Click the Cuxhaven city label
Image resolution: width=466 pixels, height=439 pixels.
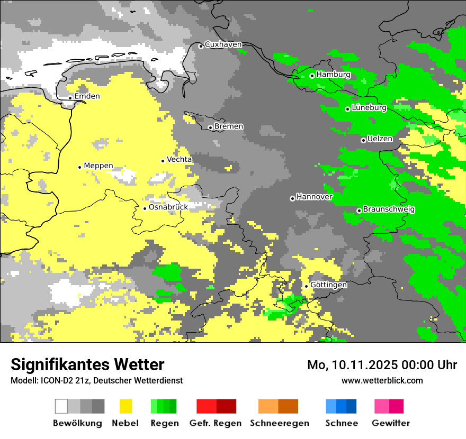tap(223, 44)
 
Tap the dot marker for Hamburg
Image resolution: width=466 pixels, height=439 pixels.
tap(312, 76)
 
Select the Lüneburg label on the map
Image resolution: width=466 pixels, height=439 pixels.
tap(369, 107)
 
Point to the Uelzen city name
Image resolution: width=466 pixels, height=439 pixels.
tap(380, 139)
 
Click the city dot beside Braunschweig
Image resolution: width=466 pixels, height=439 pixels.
tap(359, 211)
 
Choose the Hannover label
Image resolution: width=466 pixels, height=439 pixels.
tap(315, 197)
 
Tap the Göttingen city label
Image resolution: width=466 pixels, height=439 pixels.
tap(329, 285)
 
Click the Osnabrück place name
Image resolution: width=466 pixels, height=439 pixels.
tap(168, 207)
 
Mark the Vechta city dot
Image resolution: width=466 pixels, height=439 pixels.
tap(163, 161)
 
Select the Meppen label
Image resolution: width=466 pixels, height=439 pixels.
tap(98, 166)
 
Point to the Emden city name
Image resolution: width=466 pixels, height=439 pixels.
tap(87, 96)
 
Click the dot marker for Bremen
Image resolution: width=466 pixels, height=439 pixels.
tap(210, 127)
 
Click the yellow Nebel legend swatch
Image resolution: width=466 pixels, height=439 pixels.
tap(126, 406)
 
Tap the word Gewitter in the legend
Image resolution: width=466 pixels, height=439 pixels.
tap(390, 423)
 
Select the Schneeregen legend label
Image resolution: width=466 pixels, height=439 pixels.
tap(279, 423)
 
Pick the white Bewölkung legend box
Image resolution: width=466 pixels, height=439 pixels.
tap(61, 406)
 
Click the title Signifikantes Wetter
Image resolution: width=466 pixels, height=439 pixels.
tap(87, 364)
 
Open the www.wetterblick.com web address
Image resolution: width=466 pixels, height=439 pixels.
tap(382, 380)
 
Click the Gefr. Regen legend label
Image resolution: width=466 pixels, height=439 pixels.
tap(216, 423)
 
